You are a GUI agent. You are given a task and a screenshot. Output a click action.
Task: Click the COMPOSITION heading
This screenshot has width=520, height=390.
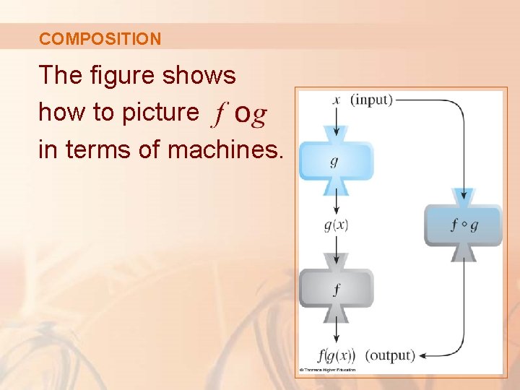click(x=100, y=39)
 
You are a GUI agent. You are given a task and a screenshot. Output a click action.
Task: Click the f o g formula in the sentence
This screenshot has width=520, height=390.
click(x=239, y=113)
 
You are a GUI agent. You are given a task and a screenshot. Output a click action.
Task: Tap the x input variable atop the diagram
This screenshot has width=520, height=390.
click(x=336, y=100)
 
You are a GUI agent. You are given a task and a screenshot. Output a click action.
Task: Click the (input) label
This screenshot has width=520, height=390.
click(x=371, y=100)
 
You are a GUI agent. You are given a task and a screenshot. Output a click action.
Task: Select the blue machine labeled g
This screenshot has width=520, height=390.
click(x=336, y=160)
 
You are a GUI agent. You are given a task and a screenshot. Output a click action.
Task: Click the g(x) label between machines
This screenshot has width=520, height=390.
click(x=336, y=225)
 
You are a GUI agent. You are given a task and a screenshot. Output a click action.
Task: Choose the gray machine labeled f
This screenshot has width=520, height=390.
click(x=336, y=289)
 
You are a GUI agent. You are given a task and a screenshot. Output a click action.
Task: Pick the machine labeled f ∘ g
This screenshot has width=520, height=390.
click(x=463, y=225)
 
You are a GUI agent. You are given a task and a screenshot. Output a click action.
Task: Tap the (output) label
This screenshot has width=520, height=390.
click(x=390, y=355)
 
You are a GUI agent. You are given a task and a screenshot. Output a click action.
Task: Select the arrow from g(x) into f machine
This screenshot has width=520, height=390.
click(x=336, y=245)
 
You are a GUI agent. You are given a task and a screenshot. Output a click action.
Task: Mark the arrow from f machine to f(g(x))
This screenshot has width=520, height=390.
click(x=336, y=333)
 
